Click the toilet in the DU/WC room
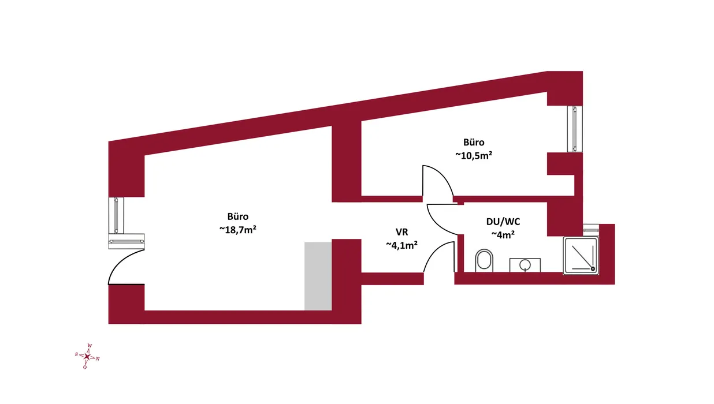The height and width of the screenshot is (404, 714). pos(484,260)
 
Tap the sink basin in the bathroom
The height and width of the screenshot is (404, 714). pos(525,265)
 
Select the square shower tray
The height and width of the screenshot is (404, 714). pos(581,256)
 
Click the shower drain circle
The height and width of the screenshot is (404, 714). pos(593,269)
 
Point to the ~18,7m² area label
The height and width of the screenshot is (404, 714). pos(238,230)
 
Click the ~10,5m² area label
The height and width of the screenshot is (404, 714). pos(474,155)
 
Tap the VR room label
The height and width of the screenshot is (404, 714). pos(401,232)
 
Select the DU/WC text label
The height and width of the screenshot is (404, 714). pos(503,222)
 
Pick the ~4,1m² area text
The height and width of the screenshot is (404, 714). pos(401,245)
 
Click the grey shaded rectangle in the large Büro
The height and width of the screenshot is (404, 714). pos(318,276)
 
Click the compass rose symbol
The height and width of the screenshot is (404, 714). pos(87,356)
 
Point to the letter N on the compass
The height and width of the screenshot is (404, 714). pos(98,359)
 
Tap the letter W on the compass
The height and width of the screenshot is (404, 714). pos(90,346)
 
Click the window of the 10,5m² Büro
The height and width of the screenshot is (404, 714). pos(575,129)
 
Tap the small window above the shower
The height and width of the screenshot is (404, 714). pos(591,228)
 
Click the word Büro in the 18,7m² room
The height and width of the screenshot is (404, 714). pos(238,216)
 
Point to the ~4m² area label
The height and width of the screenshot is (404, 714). pos(503,235)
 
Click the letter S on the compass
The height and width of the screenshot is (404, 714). pos(76,354)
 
